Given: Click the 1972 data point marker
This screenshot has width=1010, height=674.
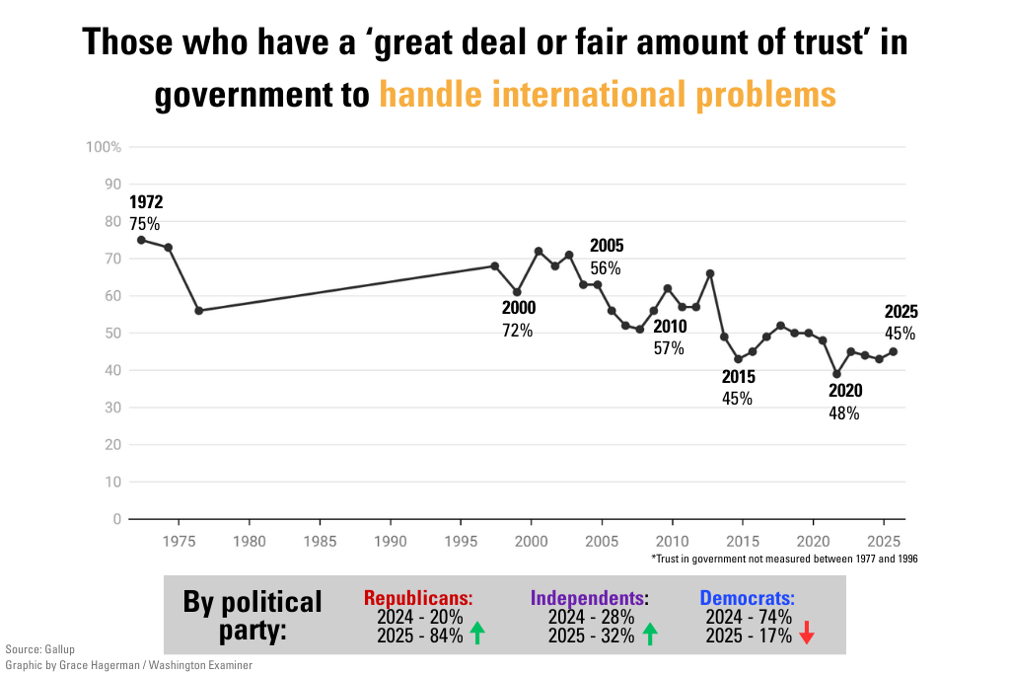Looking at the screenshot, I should (x=141, y=240).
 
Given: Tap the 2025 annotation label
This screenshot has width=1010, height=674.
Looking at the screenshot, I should (x=901, y=323).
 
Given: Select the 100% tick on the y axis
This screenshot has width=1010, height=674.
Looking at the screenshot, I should (x=104, y=147).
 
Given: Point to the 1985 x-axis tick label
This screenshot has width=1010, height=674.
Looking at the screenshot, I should (x=320, y=541).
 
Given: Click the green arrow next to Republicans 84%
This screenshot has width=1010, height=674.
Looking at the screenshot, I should (x=478, y=634).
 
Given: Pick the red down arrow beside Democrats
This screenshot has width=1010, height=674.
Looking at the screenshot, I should (x=806, y=634).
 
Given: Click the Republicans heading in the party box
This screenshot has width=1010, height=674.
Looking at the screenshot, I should (x=418, y=598).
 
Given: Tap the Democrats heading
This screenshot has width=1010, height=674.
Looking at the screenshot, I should (x=747, y=598).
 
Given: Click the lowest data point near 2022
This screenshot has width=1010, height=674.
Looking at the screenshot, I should (x=836, y=374).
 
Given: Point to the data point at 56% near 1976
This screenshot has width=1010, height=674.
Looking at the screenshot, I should (x=198, y=310).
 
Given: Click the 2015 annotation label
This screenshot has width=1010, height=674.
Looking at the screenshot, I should (x=738, y=388).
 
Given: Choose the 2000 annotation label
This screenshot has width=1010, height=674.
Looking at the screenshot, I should (x=519, y=319).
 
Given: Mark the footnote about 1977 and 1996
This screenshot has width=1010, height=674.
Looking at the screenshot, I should (x=784, y=559).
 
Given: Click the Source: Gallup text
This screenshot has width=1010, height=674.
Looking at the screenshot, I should (x=39, y=649).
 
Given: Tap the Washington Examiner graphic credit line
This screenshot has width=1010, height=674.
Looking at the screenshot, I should (x=128, y=665).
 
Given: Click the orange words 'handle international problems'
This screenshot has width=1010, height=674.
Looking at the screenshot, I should (x=608, y=95).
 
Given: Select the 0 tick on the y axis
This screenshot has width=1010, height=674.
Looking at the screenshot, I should (x=116, y=519).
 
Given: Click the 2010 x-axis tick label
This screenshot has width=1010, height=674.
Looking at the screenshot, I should (x=672, y=541).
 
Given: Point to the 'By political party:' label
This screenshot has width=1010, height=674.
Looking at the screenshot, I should (x=252, y=615).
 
